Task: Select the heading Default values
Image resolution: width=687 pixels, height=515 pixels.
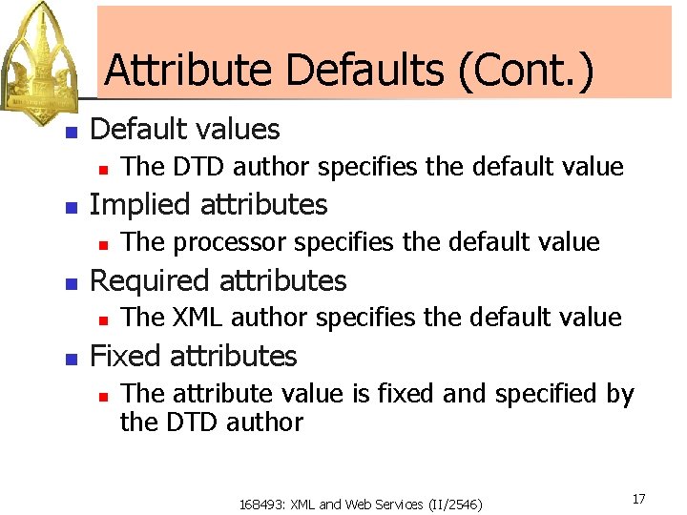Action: (184, 129)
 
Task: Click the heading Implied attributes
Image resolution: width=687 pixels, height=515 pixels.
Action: (207, 204)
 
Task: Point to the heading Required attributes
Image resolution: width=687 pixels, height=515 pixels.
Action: (218, 280)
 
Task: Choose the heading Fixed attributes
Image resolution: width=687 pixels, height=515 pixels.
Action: (193, 356)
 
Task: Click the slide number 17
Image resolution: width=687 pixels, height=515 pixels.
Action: (638, 499)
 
